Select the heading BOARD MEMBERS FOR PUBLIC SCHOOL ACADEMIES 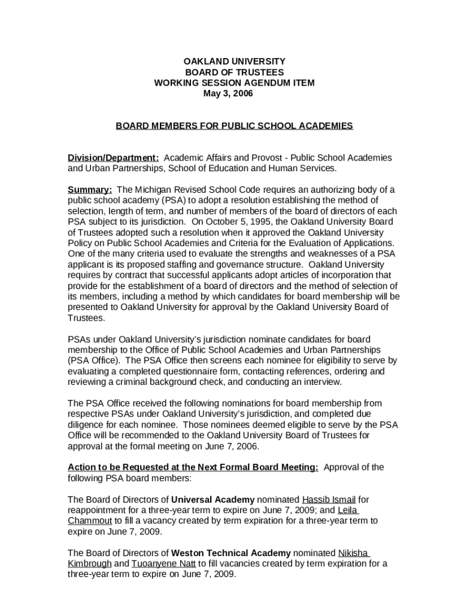pos(234,126)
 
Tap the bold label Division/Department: pos(113,157)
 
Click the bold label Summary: pos(90,190)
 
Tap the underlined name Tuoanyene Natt pos(165,564)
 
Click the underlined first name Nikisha pos(354,553)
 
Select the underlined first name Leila pos(348,510)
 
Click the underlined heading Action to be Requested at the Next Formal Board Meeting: pos(193,467)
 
